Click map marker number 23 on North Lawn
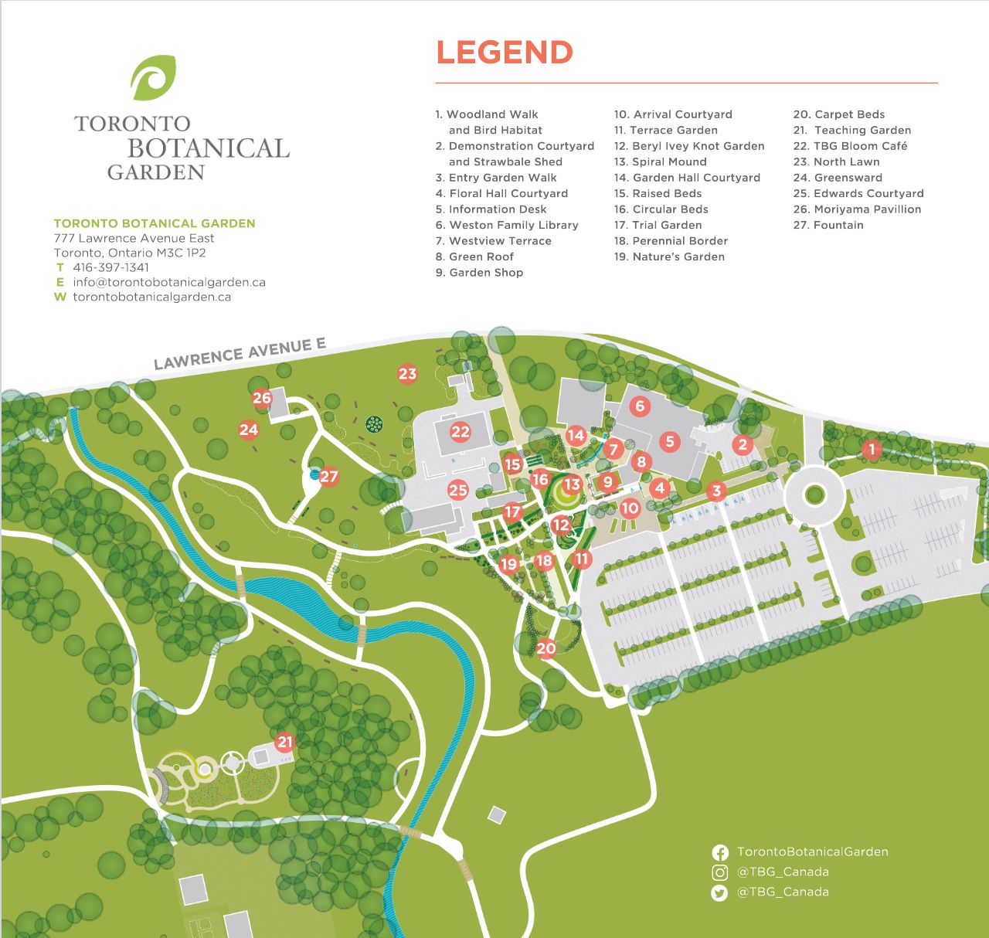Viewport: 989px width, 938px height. click(x=407, y=374)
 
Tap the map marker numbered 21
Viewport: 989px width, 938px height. click(x=285, y=743)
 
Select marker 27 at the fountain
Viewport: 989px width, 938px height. click(x=329, y=476)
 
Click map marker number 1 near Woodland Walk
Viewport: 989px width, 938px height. click(x=872, y=449)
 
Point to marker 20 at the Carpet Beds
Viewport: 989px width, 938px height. click(x=546, y=648)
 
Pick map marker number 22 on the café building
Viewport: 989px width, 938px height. click(x=461, y=432)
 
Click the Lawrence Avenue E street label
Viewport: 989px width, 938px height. click(x=240, y=354)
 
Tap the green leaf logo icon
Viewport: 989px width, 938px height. click(x=154, y=78)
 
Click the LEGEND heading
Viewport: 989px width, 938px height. click(x=505, y=53)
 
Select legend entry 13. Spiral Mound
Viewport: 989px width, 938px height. click(x=661, y=161)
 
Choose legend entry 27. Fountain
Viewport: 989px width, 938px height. click(x=828, y=225)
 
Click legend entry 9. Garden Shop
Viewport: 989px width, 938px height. click(x=479, y=273)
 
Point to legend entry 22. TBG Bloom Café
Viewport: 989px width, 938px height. click(x=850, y=146)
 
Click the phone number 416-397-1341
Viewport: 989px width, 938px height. click(x=110, y=267)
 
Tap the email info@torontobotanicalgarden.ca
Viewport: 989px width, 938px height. click(x=168, y=282)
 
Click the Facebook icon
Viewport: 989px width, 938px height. click(x=719, y=852)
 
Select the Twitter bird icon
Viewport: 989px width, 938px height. click(x=719, y=892)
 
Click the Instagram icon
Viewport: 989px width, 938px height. click(x=719, y=872)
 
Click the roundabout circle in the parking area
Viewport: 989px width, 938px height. click(x=814, y=494)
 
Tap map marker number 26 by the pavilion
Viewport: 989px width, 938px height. click(x=262, y=398)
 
